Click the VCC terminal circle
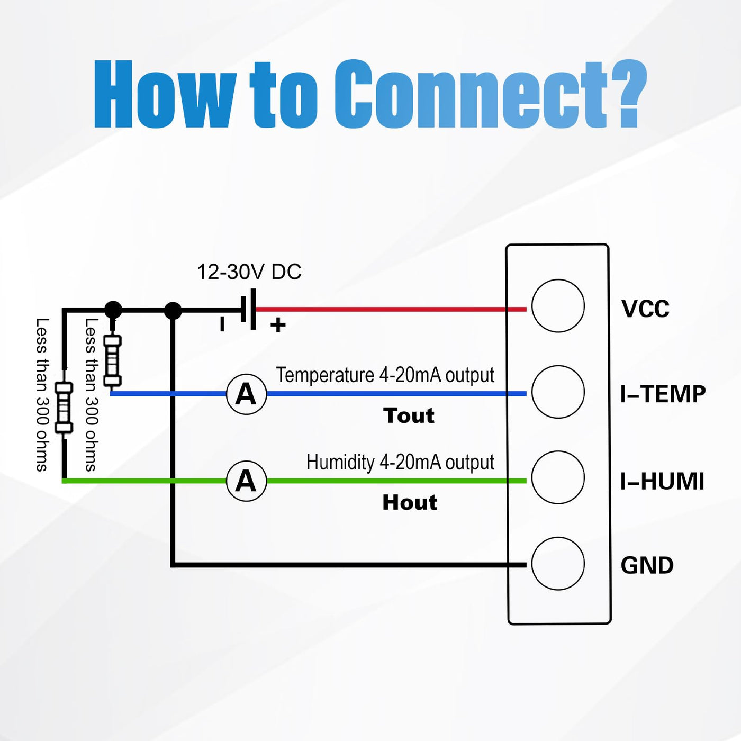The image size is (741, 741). (x=558, y=306)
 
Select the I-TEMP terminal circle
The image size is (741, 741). (x=558, y=392)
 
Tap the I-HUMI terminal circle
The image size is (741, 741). (x=558, y=477)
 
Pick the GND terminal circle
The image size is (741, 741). (x=558, y=563)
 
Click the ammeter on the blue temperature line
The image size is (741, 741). (x=246, y=394)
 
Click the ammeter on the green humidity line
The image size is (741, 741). (x=246, y=481)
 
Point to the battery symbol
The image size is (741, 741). (x=249, y=310)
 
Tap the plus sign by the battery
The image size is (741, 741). (x=278, y=325)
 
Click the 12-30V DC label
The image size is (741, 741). (x=249, y=272)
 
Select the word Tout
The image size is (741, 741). (x=409, y=415)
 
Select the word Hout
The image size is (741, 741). (x=410, y=502)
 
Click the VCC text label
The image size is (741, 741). (x=645, y=309)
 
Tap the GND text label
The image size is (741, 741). (x=647, y=565)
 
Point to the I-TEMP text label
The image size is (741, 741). (x=663, y=394)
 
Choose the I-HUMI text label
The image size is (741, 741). (x=662, y=482)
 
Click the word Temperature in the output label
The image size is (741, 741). (x=325, y=375)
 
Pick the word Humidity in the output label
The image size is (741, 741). (x=340, y=462)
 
